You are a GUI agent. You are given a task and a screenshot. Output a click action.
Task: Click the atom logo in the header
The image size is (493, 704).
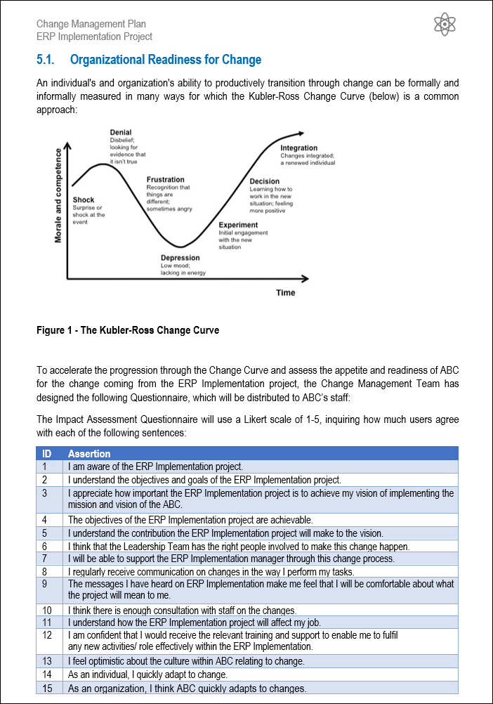445,25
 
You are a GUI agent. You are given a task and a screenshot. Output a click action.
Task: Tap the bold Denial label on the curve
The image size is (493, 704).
121,132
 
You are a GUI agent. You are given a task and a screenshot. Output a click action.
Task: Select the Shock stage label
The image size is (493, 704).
84,200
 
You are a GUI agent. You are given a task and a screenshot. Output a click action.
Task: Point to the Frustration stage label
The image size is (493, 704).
166,180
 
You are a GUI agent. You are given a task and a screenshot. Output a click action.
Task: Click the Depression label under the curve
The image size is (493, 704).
180,258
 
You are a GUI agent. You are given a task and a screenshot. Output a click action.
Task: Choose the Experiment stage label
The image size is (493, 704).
238,226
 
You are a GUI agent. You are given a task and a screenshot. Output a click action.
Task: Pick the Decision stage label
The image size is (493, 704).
265,182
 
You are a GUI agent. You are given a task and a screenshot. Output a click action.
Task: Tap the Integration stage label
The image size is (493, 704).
299,148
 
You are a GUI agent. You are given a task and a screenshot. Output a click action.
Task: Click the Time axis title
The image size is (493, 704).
285,292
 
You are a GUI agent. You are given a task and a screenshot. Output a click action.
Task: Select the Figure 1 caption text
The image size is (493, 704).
128,330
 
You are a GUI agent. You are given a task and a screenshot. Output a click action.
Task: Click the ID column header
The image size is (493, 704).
46,454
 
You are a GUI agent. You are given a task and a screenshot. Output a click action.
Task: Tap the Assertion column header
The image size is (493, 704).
89,454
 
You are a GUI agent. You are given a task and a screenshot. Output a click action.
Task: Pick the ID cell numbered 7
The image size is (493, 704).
45,559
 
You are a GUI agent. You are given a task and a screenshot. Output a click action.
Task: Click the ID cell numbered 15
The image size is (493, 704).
47,688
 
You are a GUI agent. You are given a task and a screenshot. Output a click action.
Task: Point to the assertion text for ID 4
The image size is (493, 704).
190,520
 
